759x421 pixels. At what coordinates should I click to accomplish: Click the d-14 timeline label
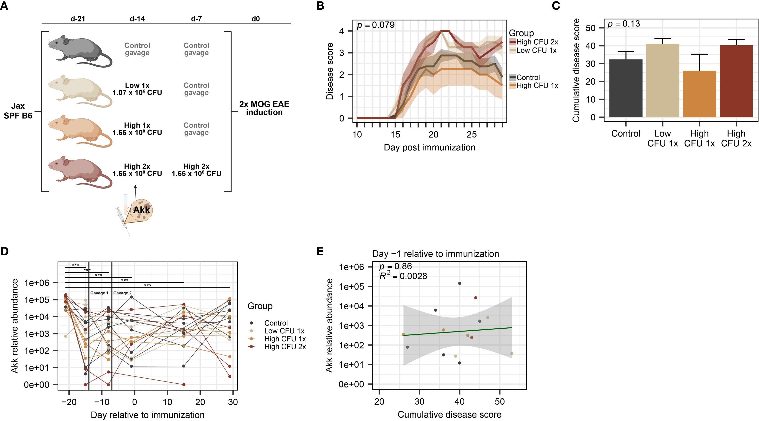137,19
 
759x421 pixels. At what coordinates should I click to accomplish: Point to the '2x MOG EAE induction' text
264,108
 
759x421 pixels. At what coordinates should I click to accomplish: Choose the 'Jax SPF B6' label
18,111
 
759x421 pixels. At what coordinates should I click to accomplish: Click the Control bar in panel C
626,88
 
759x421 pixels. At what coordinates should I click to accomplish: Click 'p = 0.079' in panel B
376,25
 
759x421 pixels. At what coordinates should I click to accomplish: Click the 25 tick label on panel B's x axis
472,135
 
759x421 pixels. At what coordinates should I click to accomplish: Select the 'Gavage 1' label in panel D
99,293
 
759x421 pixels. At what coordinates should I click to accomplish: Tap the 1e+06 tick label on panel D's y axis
37,283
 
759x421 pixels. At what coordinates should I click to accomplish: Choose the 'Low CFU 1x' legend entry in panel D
284,331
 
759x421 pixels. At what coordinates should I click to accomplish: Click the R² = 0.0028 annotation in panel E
403,276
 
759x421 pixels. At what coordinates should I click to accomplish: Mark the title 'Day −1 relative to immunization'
435,254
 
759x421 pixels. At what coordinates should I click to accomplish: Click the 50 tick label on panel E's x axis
500,401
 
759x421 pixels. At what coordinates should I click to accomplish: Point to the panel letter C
556,6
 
